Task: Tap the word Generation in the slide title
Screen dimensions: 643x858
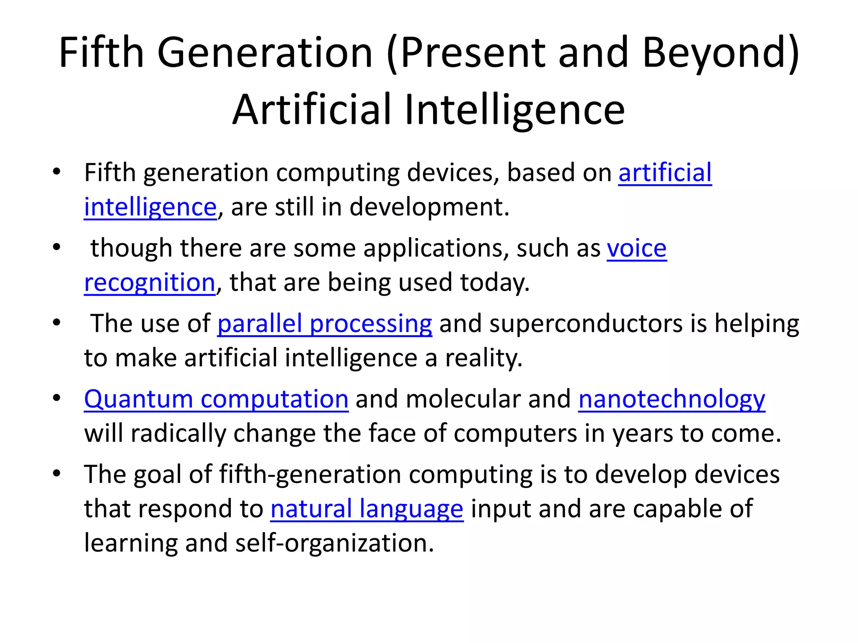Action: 264,53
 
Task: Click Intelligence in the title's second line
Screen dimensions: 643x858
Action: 514,110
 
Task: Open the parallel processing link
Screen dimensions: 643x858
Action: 325,324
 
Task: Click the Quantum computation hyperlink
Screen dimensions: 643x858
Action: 216,399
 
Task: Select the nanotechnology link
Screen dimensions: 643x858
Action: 672,399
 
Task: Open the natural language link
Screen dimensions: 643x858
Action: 367,509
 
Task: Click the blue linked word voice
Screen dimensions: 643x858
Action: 636,248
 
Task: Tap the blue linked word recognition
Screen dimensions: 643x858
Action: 150,283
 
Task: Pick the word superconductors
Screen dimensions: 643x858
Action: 586,324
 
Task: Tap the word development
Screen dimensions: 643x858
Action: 429,207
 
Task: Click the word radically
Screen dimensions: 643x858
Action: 178,433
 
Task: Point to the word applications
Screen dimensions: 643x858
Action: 436,248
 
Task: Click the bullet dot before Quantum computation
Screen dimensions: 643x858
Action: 57,398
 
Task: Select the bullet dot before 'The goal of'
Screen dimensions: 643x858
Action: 57,473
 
